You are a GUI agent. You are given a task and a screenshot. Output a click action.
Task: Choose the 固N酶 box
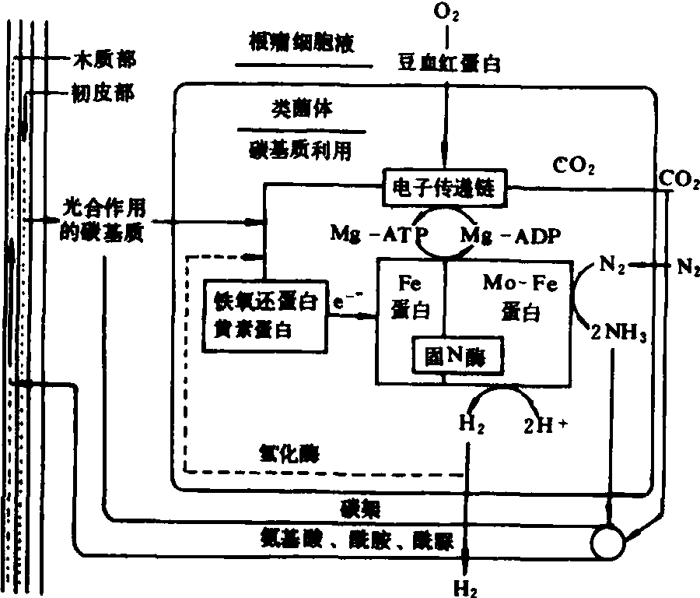456,355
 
